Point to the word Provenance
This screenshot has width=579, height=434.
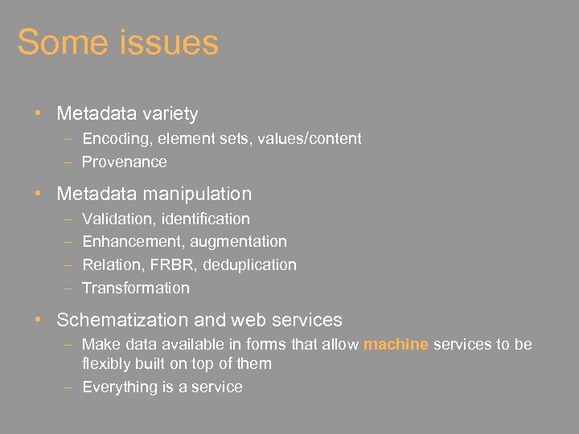pyautogui.click(x=125, y=162)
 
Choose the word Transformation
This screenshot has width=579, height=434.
pyautogui.click(x=136, y=289)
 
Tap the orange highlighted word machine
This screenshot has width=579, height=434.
pyautogui.click(x=396, y=345)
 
